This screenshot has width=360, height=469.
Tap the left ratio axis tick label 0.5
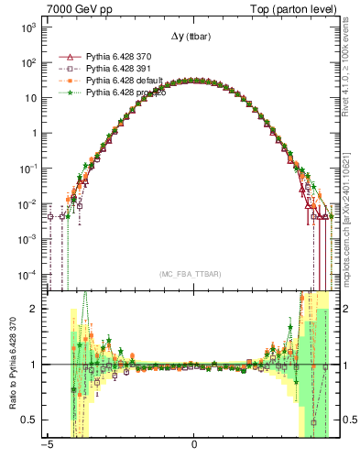28,420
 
